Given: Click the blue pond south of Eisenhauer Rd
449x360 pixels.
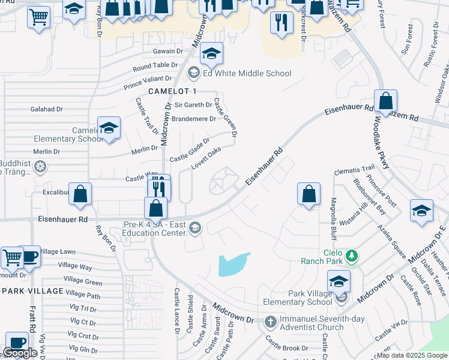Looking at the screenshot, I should (x=234, y=263).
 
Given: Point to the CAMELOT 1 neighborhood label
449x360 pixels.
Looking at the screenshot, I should (x=173, y=91).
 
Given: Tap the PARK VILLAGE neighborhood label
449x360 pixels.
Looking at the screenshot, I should (x=32, y=291).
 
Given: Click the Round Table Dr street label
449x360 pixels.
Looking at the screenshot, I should (x=155, y=65).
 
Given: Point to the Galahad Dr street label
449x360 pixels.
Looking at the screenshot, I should (x=47, y=109).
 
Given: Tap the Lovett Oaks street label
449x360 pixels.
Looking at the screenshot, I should (x=206, y=157).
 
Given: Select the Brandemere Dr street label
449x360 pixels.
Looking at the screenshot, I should (x=193, y=119).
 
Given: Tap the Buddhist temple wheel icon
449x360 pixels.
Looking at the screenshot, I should (x=40, y=166).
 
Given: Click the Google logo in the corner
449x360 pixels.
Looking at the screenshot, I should (x=20, y=353).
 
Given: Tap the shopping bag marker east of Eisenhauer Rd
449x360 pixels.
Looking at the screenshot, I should (x=309, y=194).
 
